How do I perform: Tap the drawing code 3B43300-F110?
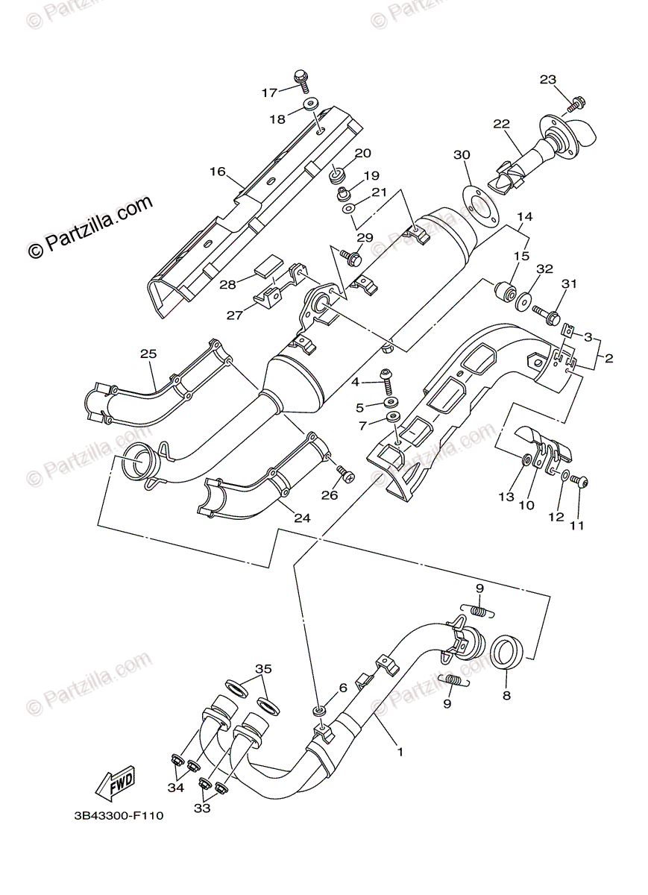click(x=119, y=816)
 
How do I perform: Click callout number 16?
click(x=217, y=172)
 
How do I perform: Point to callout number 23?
click(x=548, y=80)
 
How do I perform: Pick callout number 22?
click(x=500, y=124)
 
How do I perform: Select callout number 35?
click(x=261, y=668)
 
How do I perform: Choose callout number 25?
click(x=148, y=353)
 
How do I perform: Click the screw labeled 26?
click(x=345, y=471)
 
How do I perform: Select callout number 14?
click(x=525, y=217)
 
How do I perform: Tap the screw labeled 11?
click(x=582, y=483)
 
